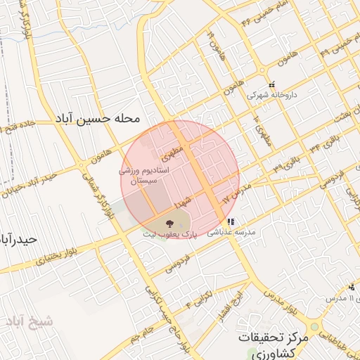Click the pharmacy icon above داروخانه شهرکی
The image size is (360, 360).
pyautogui.click(x=271, y=85)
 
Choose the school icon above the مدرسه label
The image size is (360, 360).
pyautogui.click(x=230, y=221)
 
